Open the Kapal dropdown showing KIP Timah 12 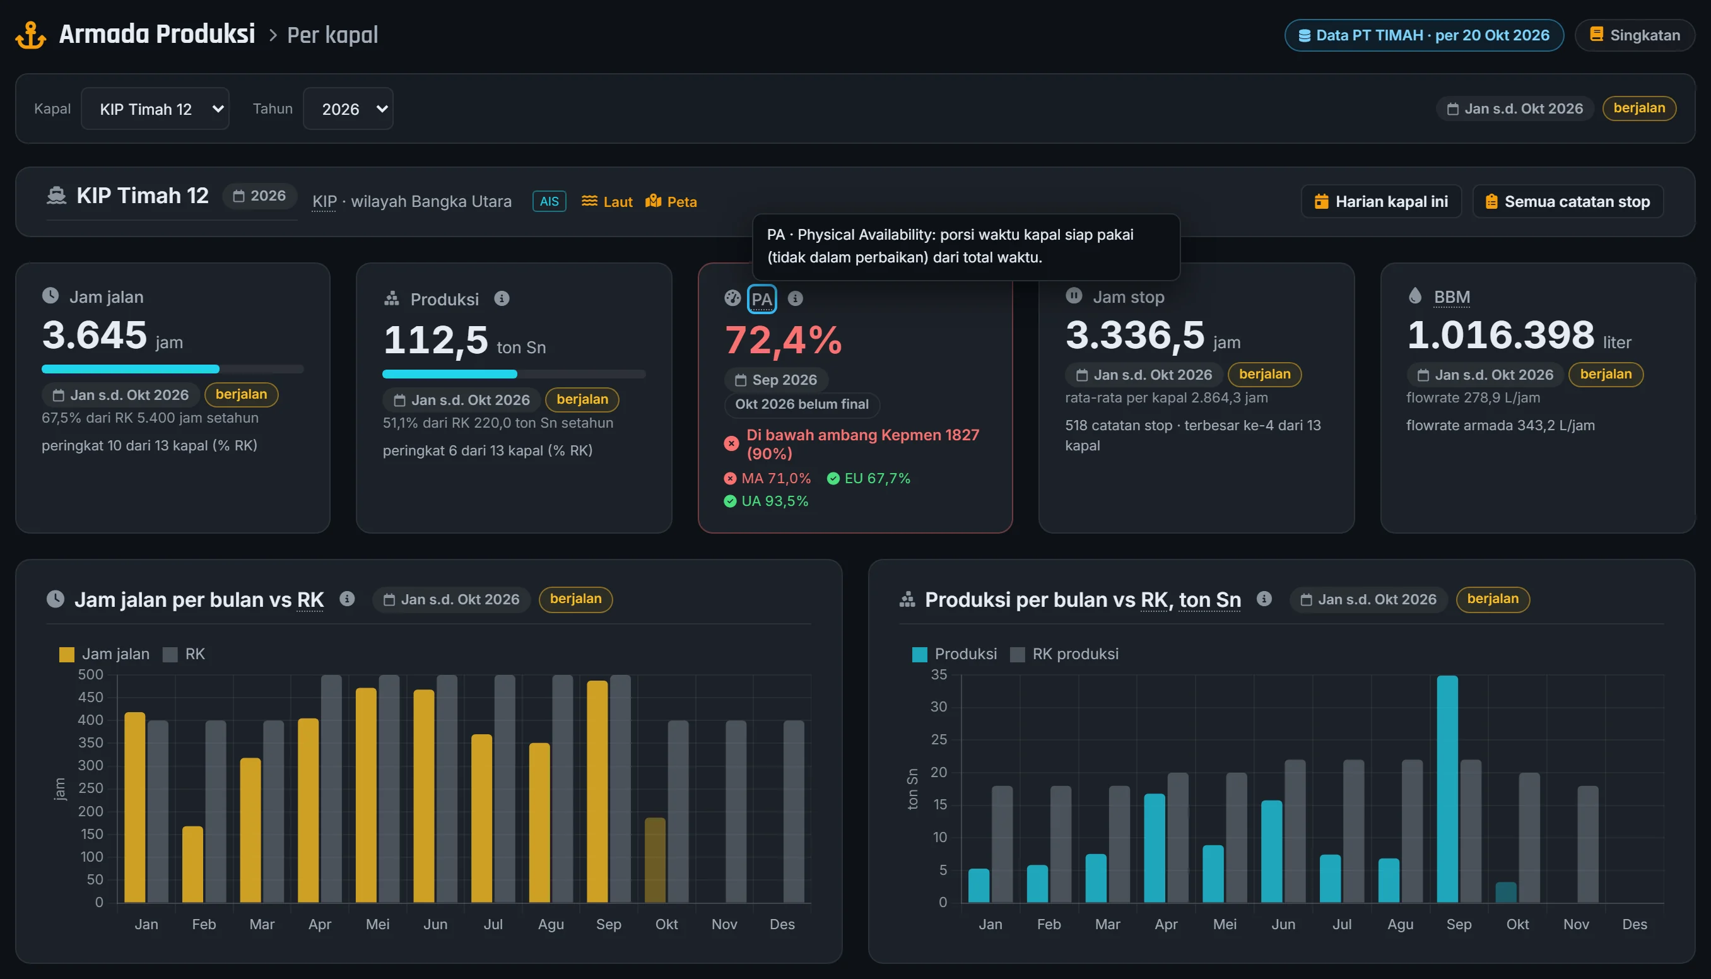[155, 108]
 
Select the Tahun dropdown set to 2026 [348, 108]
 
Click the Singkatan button [1635, 35]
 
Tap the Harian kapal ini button [1381, 201]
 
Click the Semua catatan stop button [1568, 201]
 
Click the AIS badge [550, 201]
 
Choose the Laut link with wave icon [607, 201]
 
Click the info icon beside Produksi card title [502, 298]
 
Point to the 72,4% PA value [783, 339]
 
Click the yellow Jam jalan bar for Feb [193, 864]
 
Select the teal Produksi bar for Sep [1447, 788]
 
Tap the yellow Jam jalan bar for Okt [656, 860]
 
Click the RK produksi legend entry [1064, 654]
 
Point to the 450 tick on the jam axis [91, 697]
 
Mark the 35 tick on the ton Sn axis [939, 674]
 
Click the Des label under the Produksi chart [1635, 925]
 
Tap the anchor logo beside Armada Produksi [31, 35]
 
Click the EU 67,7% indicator [869, 478]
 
